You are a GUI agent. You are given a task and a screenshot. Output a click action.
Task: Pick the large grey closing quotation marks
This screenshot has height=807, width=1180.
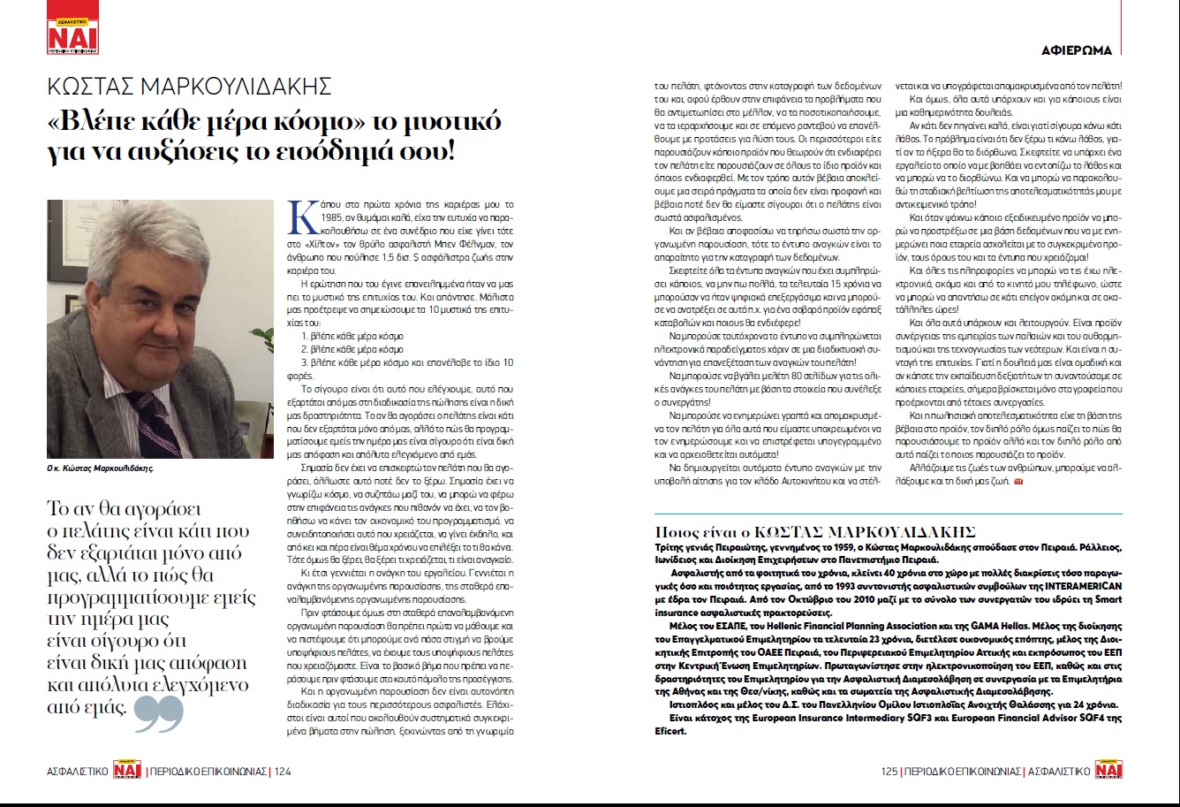159,713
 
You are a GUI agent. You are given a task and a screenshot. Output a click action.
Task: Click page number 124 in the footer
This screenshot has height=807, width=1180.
282,772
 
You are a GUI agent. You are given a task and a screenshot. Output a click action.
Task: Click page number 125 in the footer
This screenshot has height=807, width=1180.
889,772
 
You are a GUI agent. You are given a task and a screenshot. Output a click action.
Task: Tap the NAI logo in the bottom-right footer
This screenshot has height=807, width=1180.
1108,771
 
